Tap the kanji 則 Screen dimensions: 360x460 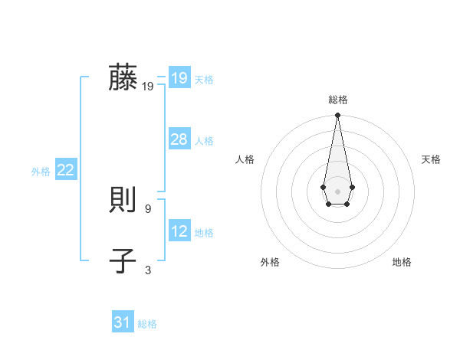pyautogui.click(x=123, y=201)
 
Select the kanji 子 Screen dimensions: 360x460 pyautogui.click(x=123, y=261)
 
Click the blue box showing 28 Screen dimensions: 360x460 pyautogui.click(x=179, y=139)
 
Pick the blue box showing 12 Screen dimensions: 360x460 pyautogui.click(x=179, y=231)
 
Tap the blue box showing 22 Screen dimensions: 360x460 pyautogui.click(x=66, y=170)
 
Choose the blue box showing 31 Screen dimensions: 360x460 pyautogui.click(x=123, y=322)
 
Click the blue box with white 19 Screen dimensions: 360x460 pyautogui.click(x=179, y=78)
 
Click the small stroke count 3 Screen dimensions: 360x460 pyautogui.click(x=148, y=270)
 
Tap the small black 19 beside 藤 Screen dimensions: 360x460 pyautogui.click(x=148, y=87)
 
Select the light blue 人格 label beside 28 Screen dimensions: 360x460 pyautogui.click(x=205, y=141)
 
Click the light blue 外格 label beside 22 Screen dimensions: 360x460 pyautogui.click(x=41, y=172)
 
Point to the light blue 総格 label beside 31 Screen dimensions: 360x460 pyautogui.click(x=147, y=324)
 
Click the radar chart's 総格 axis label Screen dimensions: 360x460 pyautogui.click(x=337, y=100)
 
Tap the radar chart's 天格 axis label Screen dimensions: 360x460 pyautogui.click(x=431, y=159)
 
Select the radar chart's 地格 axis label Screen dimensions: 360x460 pyautogui.click(x=402, y=262)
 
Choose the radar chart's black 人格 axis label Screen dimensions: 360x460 pyautogui.click(x=245, y=159)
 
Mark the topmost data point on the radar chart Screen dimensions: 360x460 pyautogui.click(x=337, y=115)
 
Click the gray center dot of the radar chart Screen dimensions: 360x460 pyautogui.click(x=337, y=191)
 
